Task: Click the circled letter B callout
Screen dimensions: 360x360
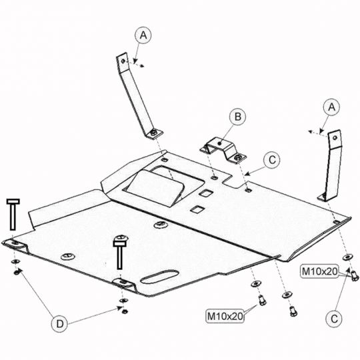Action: click(x=237, y=117)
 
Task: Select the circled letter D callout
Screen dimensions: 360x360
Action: click(x=60, y=324)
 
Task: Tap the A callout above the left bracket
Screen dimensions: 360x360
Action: click(x=143, y=35)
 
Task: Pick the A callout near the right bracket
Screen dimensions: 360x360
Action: click(x=331, y=107)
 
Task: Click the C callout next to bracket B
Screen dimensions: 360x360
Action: click(x=272, y=160)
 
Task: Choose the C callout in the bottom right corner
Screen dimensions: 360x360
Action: click(x=334, y=319)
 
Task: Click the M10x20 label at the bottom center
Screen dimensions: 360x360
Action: click(x=225, y=316)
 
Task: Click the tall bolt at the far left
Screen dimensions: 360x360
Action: click(x=13, y=214)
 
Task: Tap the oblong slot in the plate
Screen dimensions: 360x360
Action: click(x=160, y=277)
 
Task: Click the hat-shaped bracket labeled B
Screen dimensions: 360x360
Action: click(x=223, y=150)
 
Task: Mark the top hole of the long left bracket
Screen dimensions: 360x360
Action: click(x=123, y=61)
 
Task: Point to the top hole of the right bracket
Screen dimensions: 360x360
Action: click(x=335, y=138)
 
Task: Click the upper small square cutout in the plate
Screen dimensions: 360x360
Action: click(x=206, y=193)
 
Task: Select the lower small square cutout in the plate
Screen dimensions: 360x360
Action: click(x=197, y=209)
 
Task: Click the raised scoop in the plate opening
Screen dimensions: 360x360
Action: click(x=155, y=188)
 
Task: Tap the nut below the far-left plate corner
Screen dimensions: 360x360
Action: click(x=16, y=273)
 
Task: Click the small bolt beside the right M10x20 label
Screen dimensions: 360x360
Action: click(x=355, y=276)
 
